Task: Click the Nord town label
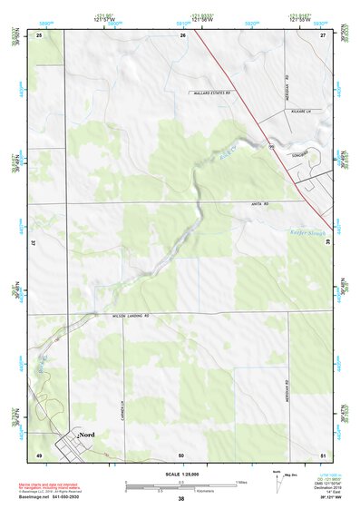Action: click(x=88, y=436)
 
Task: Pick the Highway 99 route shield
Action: click(x=271, y=145)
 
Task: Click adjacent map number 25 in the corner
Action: click(x=40, y=34)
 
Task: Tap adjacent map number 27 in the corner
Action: click(x=323, y=34)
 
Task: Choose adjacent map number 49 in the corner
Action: click(x=39, y=454)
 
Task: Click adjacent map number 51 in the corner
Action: click(x=324, y=454)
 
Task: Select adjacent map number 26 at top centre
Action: click(x=183, y=34)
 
